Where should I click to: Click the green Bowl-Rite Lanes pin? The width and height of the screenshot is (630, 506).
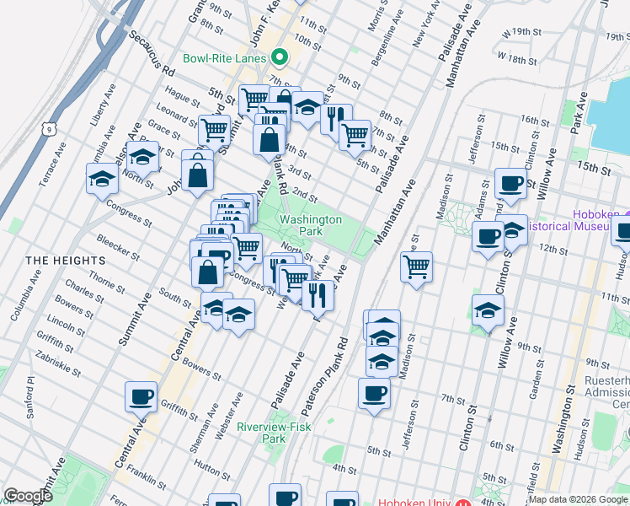click(x=280, y=58)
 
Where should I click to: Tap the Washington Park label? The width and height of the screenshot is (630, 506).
click(x=311, y=224)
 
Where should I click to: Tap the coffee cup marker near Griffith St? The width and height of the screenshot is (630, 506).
click(x=141, y=396)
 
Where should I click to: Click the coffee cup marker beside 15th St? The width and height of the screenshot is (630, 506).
click(x=510, y=183)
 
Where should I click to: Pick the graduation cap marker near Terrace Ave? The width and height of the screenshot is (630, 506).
click(x=102, y=178)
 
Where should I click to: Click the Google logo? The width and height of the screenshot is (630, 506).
click(x=28, y=496)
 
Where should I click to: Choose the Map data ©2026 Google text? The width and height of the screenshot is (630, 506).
click(x=578, y=499)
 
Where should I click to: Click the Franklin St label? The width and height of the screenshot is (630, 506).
click(x=147, y=477)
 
